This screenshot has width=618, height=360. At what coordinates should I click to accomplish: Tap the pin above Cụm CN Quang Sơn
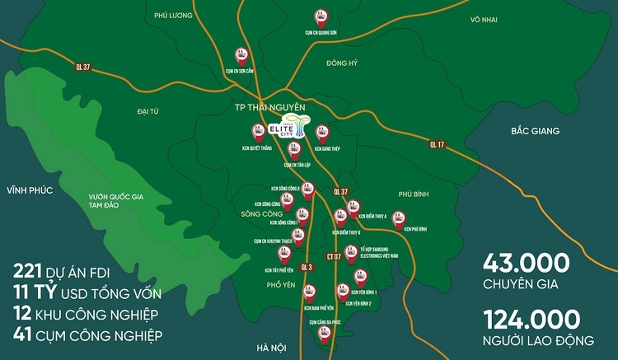pyautogui.click(x=318, y=16)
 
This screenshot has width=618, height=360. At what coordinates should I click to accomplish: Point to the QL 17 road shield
pyautogui.click(x=437, y=145)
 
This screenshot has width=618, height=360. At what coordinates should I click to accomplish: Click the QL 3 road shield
pyautogui.click(x=307, y=267)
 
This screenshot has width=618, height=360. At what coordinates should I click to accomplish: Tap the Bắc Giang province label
pyautogui.click(x=535, y=131)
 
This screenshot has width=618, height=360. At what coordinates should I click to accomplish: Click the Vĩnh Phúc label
pyautogui.click(x=29, y=190)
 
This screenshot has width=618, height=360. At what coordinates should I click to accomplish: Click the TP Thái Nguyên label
pyautogui.click(x=265, y=108)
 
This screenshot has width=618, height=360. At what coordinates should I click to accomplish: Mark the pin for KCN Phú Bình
pyautogui.click(x=399, y=219)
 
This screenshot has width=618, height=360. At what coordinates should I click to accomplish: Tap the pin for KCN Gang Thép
pyautogui.click(x=322, y=133)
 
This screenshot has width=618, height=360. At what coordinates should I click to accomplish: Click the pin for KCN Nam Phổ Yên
pyautogui.click(x=309, y=292)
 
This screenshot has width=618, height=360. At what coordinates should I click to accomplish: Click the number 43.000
pyautogui.click(x=527, y=264)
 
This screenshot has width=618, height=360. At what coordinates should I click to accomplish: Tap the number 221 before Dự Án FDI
pyautogui.click(x=30, y=271)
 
